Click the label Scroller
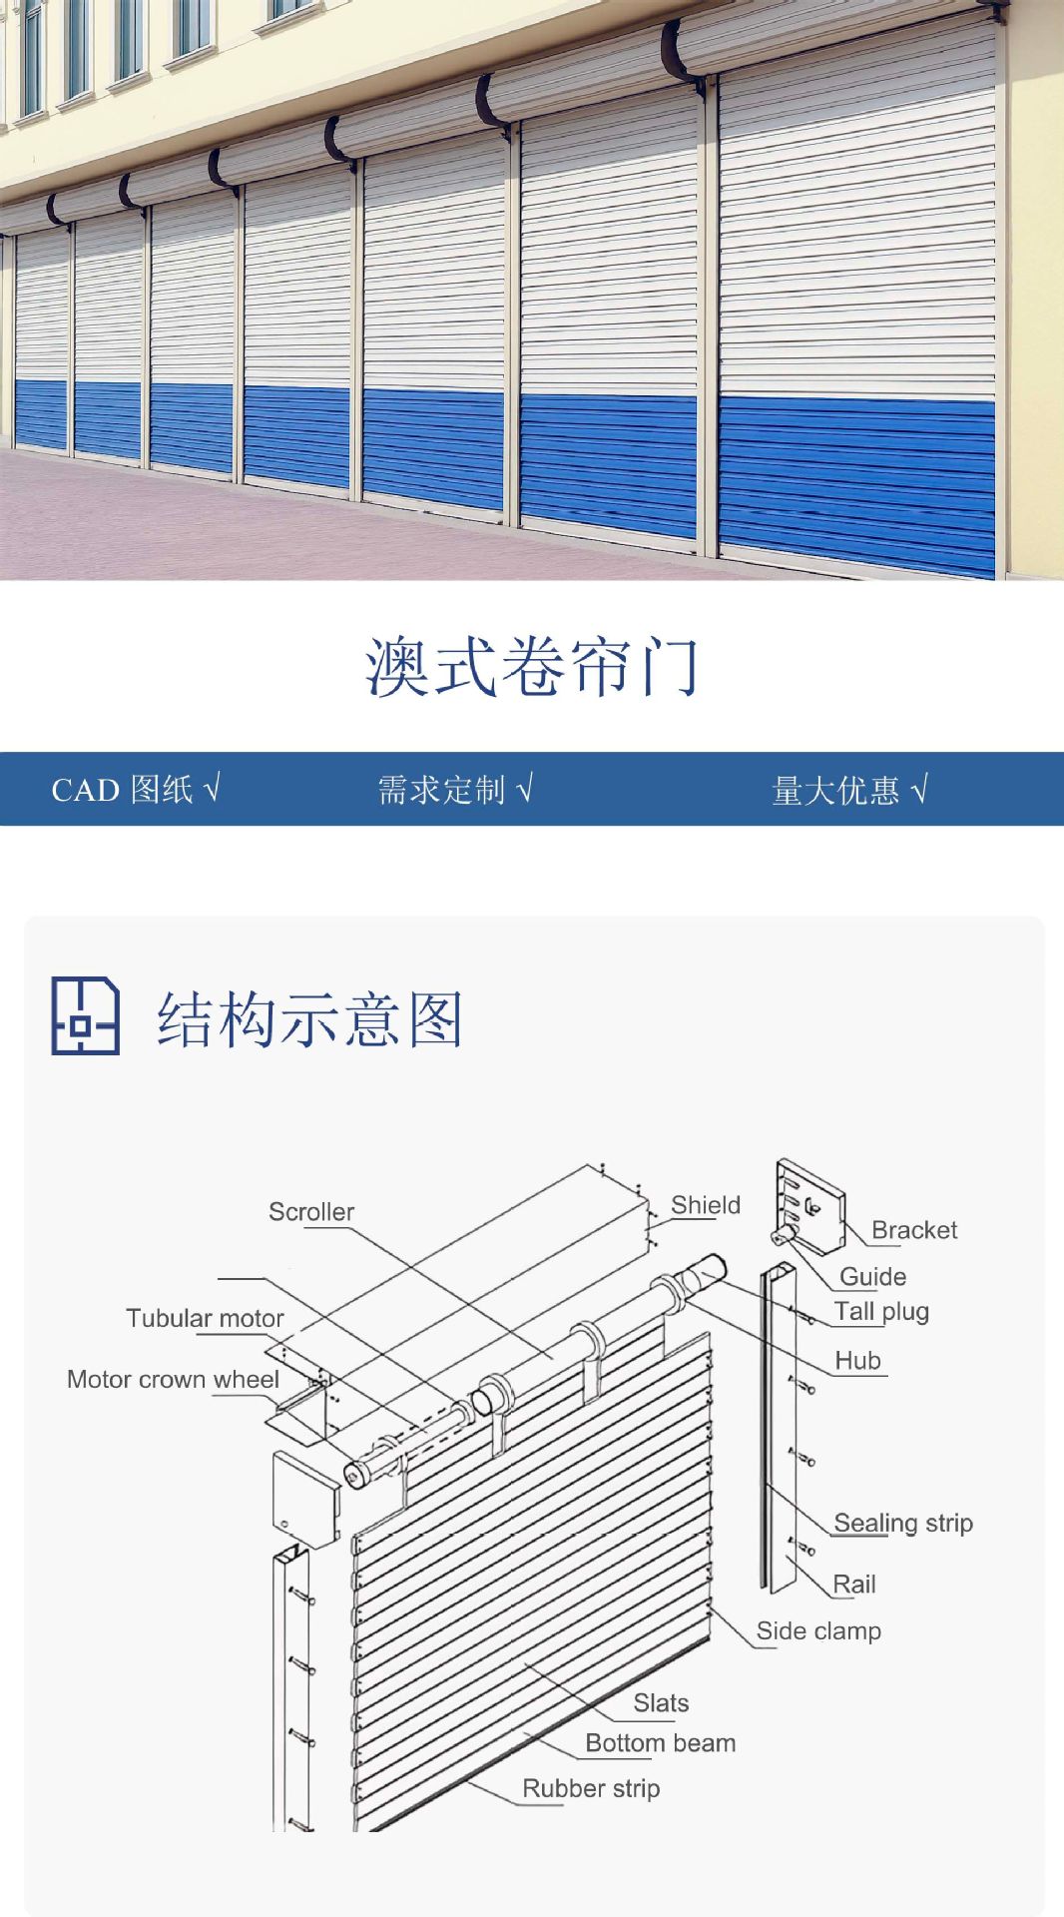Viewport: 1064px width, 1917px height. (x=311, y=1211)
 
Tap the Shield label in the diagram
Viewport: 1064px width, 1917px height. (x=706, y=1205)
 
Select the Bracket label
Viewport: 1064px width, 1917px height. (x=914, y=1230)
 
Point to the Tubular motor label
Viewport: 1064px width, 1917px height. (x=205, y=1318)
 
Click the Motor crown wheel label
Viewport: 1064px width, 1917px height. (x=173, y=1379)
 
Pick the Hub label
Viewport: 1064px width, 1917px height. (x=857, y=1360)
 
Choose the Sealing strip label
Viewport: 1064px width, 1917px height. (x=903, y=1523)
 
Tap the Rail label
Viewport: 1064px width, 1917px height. (x=854, y=1584)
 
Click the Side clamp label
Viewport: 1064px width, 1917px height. (x=818, y=1630)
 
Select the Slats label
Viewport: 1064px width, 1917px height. (x=661, y=1702)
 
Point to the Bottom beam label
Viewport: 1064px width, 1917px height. (x=661, y=1742)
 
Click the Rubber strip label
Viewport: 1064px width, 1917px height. (x=591, y=1788)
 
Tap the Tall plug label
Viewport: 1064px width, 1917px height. (x=881, y=1312)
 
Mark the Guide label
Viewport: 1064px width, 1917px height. (x=873, y=1276)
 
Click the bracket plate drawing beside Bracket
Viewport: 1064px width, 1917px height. (x=809, y=1205)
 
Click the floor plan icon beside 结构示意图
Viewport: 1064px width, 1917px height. (x=85, y=1015)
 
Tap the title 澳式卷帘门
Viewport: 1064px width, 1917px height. (x=532, y=666)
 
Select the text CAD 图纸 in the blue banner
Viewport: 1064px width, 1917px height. (x=123, y=790)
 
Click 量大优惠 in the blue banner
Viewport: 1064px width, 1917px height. (x=836, y=791)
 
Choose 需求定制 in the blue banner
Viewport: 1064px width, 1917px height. (x=442, y=790)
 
